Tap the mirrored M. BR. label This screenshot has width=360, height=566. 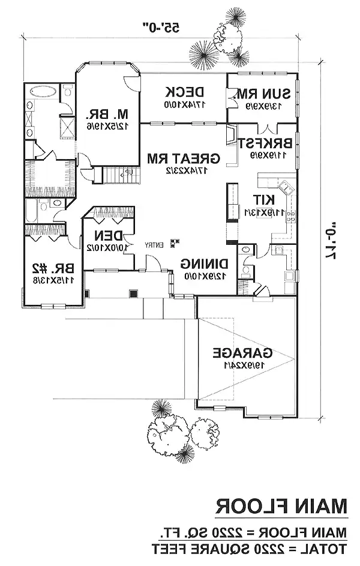(x=99, y=113)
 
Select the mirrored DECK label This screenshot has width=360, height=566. (x=185, y=92)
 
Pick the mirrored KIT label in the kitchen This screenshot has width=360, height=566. (x=263, y=199)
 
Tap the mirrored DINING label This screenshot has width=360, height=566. (x=203, y=263)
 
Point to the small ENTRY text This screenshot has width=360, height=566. (x=155, y=244)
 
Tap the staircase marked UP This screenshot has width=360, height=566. (x=122, y=174)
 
